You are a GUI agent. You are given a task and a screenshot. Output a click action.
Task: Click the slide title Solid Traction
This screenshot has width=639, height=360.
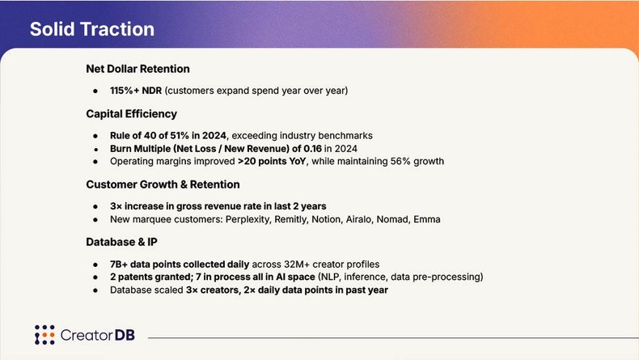coord(91,29)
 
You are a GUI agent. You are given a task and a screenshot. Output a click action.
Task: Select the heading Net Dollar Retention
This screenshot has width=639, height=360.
coord(138,69)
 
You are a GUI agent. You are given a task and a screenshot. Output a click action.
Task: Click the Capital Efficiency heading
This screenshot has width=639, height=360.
coord(131,113)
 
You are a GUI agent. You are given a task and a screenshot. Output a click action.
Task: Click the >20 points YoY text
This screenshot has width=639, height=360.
coord(274,161)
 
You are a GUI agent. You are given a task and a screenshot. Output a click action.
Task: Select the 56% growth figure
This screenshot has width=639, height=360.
coord(417,161)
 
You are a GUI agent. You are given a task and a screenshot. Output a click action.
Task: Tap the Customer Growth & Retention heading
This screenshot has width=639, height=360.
coord(163,184)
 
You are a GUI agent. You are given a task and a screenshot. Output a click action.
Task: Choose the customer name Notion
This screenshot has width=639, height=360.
coord(357,219)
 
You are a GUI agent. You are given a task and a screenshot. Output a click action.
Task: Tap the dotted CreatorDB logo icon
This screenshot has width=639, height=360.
coord(44,334)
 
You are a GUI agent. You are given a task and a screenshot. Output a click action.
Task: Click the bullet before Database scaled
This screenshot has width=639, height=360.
coord(95,290)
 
